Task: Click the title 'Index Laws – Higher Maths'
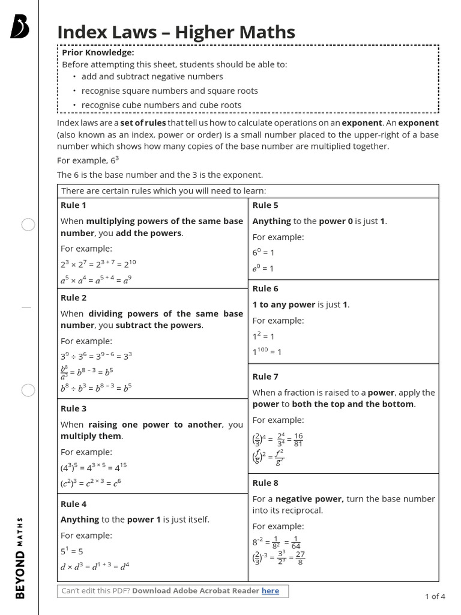pos(176,32)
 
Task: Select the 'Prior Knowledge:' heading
pos(98,53)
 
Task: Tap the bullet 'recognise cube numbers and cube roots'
pos(161,105)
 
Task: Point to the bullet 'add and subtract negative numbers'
pos(152,76)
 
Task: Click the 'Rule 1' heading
pos(74,205)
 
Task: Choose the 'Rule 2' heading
pos(74,298)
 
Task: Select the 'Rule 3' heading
pos(74,408)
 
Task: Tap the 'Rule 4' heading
pos(74,504)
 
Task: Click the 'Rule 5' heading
pos(265,205)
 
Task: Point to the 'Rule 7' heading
pos(265,377)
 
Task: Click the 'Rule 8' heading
pos(265,483)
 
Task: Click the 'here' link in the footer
pos(270,591)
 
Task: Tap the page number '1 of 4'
pos(435,596)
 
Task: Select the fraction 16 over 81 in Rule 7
pos(298,440)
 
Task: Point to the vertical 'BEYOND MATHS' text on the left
pos(20,557)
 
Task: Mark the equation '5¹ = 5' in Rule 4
pos(72,551)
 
